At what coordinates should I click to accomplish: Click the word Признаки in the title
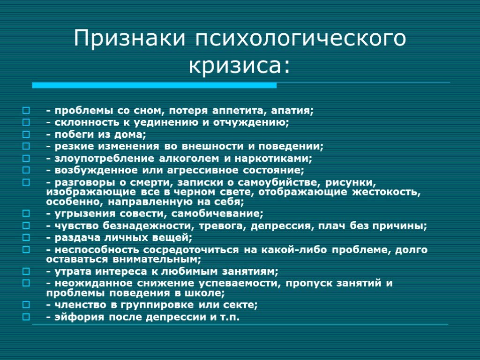pyautogui.click(x=129, y=37)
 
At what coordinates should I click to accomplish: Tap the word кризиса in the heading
pyautogui.click(x=234, y=65)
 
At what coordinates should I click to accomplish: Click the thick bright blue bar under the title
pyautogui.click(x=154, y=85)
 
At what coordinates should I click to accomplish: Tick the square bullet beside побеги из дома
pyautogui.click(x=26, y=135)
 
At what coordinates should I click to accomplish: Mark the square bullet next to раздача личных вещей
pyautogui.click(x=26, y=238)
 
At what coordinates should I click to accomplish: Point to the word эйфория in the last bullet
pyautogui.click(x=79, y=317)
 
